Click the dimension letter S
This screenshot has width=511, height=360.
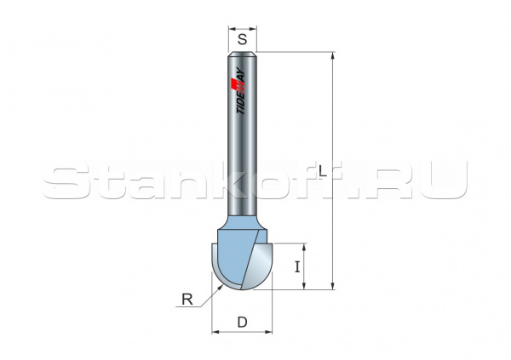(x=243, y=39)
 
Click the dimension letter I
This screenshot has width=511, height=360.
(x=296, y=266)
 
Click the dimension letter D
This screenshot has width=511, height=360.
(x=242, y=322)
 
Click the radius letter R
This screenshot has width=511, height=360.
(x=187, y=299)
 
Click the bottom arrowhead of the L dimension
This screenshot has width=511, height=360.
(x=332, y=287)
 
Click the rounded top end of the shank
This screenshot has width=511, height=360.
(x=243, y=55)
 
